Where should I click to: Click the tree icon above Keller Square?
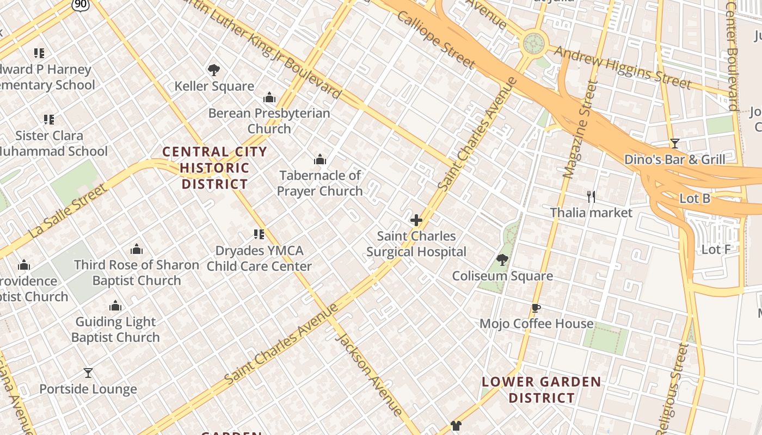click(214, 70)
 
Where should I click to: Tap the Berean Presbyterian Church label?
click(269, 121)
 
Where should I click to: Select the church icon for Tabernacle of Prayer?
click(320, 159)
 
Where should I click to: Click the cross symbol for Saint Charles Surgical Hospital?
click(416, 220)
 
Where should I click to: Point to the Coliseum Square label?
click(502, 276)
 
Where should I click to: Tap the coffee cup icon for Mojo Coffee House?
click(536, 308)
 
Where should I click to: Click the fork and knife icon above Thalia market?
click(591, 196)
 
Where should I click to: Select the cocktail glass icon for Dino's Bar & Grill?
click(675, 144)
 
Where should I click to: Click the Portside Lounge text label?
click(88, 389)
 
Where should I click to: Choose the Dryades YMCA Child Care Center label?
click(259, 258)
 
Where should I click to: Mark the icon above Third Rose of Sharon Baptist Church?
click(137, 249)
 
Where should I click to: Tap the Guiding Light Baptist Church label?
click(115, 329)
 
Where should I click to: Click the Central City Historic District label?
click(215, 167)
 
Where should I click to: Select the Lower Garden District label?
click(542, 390)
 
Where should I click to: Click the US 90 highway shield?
click(79, 4)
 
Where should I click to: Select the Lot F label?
click(716, 250)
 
